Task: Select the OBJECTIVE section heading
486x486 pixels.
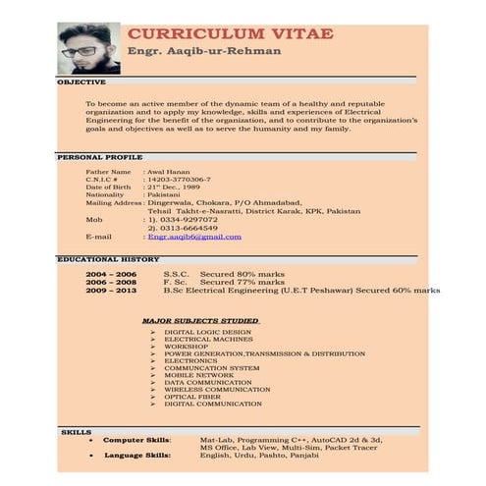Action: [x=81, y=82]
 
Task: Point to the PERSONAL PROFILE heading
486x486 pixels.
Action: [x=99, y=157]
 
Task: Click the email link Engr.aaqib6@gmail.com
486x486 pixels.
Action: [x=193, y=237]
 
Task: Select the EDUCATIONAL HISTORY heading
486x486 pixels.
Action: [x=108, y=259]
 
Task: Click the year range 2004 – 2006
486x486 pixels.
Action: [x=111, y=274]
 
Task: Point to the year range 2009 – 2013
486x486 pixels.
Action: [x=111, y=291]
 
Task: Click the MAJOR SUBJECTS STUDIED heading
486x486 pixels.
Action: [x=200, y=320]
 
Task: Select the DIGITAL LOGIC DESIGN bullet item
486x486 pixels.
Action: [x=207, y=332]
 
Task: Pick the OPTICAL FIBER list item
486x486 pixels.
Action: [x=192, y=396]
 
